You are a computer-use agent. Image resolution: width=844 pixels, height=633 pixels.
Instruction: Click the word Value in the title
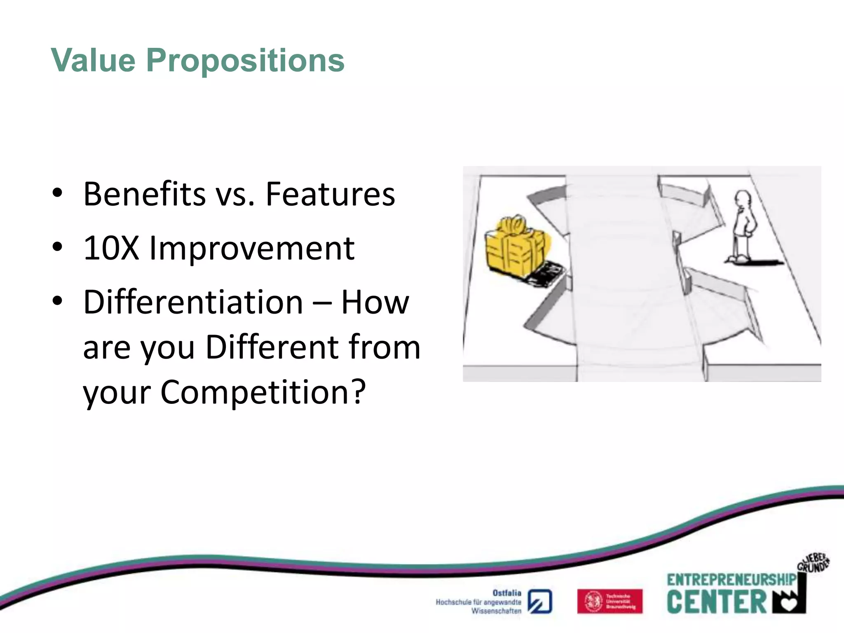tap(93, 61)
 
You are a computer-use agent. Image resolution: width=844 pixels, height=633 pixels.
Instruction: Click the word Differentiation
tap(193, 302)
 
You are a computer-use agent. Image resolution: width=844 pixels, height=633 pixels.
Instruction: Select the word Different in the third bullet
tap(272, 347)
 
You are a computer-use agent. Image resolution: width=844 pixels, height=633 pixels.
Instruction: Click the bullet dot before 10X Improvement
tap(57, 247)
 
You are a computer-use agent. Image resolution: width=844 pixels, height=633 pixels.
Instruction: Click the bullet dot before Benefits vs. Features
tap(57, 193)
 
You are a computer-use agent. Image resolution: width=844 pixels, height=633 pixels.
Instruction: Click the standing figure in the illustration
tap(744, 229)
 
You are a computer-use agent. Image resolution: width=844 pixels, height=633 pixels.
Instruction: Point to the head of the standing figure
tap(743, 199)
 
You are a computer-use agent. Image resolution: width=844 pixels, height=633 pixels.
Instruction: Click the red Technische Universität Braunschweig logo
tap(610, 601)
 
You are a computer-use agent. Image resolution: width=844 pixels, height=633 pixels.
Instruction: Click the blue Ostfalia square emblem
tap(540, 601)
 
